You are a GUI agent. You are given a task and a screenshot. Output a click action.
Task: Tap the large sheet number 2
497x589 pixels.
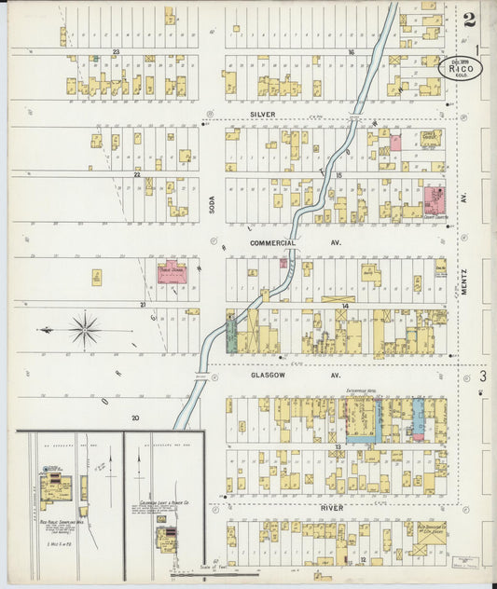468,18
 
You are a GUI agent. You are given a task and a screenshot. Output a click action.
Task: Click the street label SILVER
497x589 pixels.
264,113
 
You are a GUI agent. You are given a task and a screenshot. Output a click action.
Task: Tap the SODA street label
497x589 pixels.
212,202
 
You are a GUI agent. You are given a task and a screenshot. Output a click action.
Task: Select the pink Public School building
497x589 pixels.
172,273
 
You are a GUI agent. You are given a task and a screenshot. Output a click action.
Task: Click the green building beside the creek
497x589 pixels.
231,334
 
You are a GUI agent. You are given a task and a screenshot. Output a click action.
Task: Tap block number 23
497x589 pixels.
117,52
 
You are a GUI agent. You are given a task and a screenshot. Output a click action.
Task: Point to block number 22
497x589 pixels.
136,174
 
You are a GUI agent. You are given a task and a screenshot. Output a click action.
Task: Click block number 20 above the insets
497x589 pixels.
136,418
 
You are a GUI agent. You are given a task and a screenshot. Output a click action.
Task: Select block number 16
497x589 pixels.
352,52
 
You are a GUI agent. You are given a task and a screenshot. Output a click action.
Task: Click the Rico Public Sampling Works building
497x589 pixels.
54,485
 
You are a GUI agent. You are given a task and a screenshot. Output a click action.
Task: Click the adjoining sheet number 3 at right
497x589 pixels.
483,377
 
